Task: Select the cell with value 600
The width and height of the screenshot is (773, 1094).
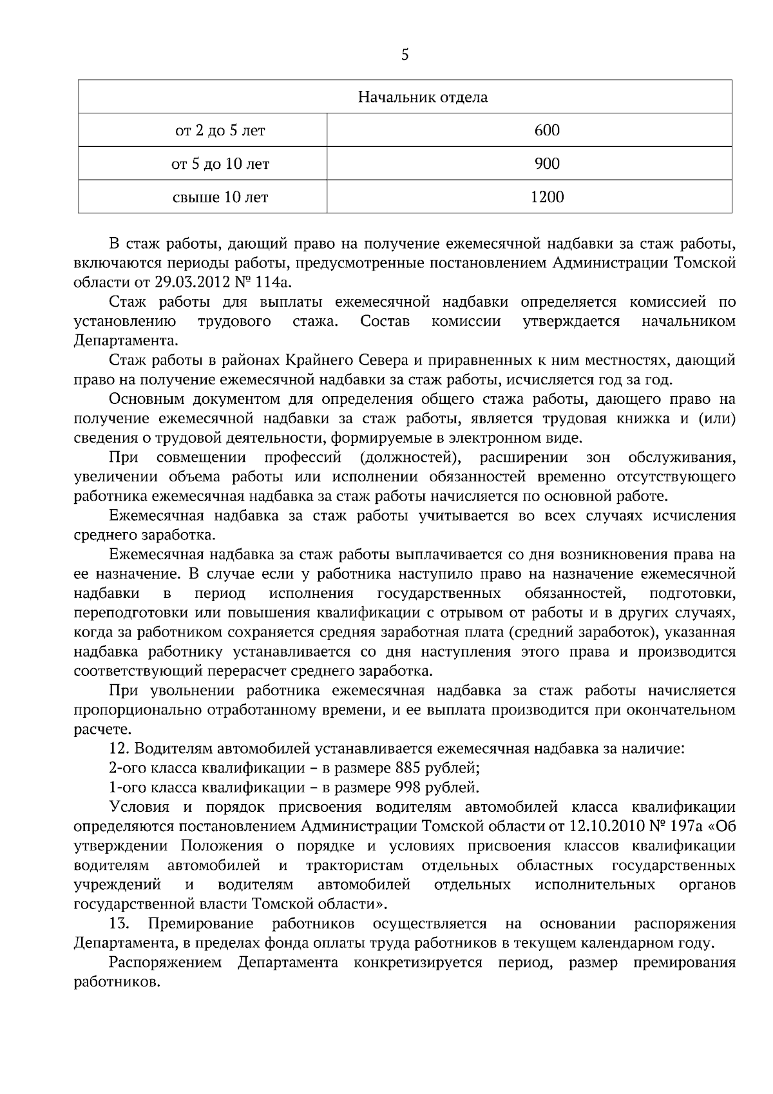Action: pyautogui.click(x=547, y=130)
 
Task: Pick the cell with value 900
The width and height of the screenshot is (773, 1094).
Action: pyautogui.click(x=547, y=164)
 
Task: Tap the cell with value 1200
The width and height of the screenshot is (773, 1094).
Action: pyautogui.click(x=547, y=197)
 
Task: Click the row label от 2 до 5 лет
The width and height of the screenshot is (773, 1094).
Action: pyautogui.click(x=220, y=131)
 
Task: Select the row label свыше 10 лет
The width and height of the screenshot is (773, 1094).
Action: pyautogui.click(x=220, y=197)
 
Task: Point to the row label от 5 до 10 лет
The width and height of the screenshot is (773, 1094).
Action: pyautogui.click(x=220, y=164)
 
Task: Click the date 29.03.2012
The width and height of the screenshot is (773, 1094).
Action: pyautogui.click(x=189, y=282)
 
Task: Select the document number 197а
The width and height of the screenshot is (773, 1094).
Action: pyautogui.click(x=692, y=827)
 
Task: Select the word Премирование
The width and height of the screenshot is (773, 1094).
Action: pyautogui.click(x=200, y=924)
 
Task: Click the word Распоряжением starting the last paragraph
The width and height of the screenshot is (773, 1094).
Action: pyautogui.click(x=166, y=963)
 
